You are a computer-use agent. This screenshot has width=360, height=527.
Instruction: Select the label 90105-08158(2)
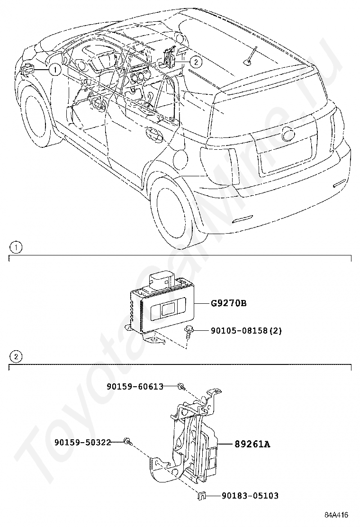[x=246, y=330]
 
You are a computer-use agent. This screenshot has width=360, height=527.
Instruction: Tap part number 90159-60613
[x=135, y=387]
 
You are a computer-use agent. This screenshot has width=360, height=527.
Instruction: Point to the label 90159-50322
[x=82, y=442]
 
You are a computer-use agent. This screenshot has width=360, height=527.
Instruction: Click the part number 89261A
[x=252, y=444]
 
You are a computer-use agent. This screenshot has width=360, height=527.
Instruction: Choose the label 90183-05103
[x=250, y=496]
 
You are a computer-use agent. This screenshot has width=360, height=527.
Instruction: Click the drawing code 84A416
[x=336, y=515]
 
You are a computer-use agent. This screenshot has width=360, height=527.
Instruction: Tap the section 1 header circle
[x=15, y=247]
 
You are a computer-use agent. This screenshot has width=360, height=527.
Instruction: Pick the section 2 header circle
[x=15, y=356]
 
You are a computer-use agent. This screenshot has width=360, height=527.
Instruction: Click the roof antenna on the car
[x=249, y=55]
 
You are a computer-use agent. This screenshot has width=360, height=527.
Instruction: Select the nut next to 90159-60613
[x=180, y=387]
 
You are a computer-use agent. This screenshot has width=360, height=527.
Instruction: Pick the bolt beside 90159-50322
[x=126, y=442]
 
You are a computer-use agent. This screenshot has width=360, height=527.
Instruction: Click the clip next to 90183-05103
[x=201, y=496]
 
